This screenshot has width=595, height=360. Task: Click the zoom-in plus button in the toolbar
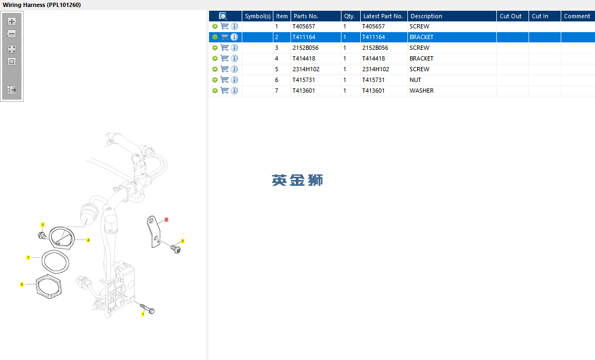(x=12, y=21)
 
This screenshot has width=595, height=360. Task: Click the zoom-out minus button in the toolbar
(x=12, y=34)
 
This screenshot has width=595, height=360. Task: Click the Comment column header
(x=577, y=16)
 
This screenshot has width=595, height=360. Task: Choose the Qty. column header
(x=349, y=16)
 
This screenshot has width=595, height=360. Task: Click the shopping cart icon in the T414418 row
(x=225, y=58)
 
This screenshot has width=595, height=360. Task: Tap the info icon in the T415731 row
(x=234, y=80)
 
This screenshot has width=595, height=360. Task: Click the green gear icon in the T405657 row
(x=215, y=27)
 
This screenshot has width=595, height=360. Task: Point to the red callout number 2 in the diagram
(x=166, y=220)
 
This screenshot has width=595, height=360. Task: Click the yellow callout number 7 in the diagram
(x=28, y=258)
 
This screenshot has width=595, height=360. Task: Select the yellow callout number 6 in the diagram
(x=21, y=284)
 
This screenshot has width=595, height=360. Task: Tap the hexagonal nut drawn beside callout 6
(x=48, y=287)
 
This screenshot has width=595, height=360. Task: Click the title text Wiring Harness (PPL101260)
(x=42, y=5)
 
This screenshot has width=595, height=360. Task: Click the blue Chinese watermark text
(x=297, y=180)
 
